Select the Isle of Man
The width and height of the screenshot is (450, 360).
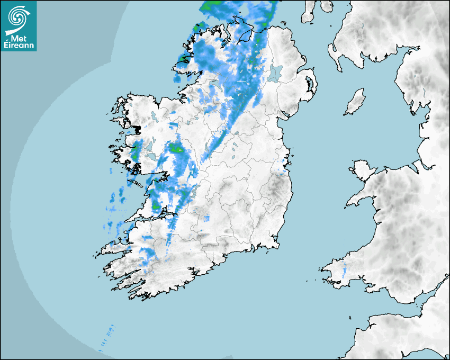355,102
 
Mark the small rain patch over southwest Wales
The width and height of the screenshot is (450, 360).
345,271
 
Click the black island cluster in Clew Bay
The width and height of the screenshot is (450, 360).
136,129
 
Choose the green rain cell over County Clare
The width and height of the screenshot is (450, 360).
156,205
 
